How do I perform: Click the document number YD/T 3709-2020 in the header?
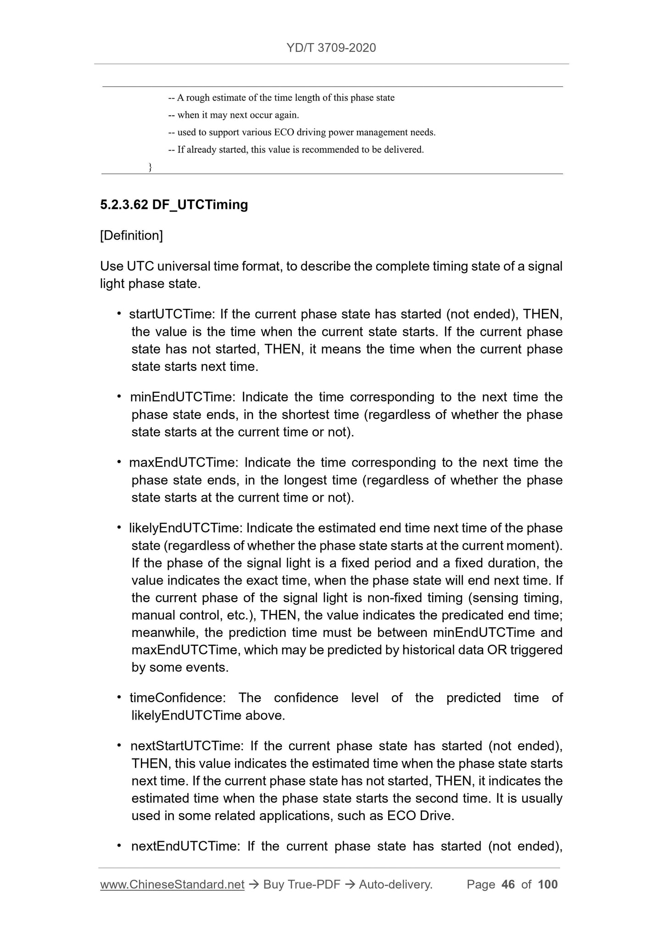pos(331,48)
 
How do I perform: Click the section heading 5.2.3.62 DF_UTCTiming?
pos(174,205)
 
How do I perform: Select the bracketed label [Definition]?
pos(131,235)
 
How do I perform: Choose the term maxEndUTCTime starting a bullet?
pos(183,463)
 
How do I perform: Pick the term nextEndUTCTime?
pos(184,846)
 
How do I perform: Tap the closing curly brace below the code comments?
pos(150,167)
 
